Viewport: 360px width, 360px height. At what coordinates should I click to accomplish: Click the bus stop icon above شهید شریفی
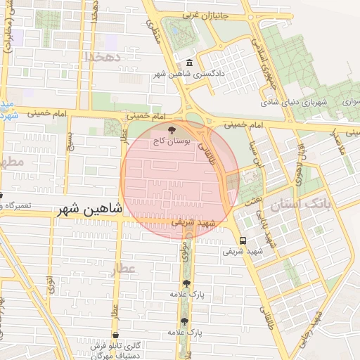243,239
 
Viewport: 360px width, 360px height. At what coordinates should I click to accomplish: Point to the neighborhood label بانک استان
304,205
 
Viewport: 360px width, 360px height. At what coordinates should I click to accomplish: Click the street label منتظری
155,32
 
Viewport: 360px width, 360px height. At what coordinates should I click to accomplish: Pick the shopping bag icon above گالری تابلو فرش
115,335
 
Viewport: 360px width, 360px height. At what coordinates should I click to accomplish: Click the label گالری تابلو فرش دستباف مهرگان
114,350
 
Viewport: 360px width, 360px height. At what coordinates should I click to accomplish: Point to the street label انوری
51,284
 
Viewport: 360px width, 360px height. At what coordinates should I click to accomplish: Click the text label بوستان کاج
171,141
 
